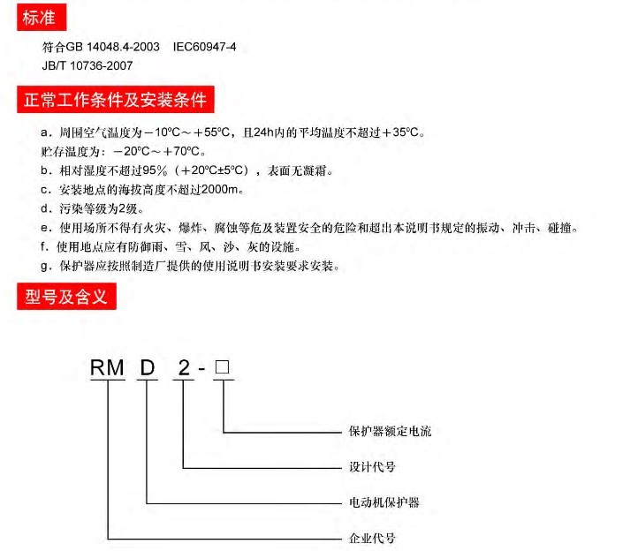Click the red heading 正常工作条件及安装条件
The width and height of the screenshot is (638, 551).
click(116, 99)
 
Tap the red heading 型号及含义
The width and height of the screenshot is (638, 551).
click(66, 297)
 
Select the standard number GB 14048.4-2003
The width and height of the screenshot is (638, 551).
click(113, 47)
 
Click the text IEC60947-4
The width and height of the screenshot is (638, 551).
click(204, 47)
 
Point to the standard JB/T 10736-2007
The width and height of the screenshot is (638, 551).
click(87, 65)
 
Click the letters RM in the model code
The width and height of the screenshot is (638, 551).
click(107, 367)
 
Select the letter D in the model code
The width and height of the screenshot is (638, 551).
click(148, 367)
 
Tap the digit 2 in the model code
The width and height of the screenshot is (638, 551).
click(184, 367)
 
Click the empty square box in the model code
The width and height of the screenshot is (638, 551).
click(222, 366)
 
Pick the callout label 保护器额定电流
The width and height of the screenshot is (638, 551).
click(390, 431)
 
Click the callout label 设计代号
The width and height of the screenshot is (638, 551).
click(372, 466)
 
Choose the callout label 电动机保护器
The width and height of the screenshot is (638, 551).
click(384, 502)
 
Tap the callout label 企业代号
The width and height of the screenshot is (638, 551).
click(372, 538)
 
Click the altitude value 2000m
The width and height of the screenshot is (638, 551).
click(220, 190)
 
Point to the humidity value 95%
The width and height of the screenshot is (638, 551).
click(155, 170)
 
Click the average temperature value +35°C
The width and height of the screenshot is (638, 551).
click(401, 132)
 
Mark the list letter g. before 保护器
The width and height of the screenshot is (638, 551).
click(46, 267)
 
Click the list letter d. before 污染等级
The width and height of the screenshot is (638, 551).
click(46, 208)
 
